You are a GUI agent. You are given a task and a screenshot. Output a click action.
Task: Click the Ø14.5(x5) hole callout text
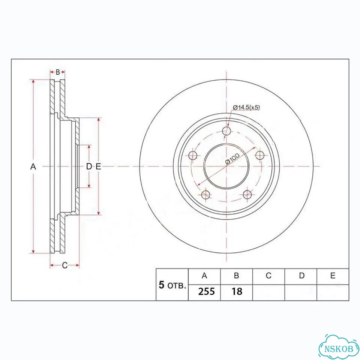coord(246,107)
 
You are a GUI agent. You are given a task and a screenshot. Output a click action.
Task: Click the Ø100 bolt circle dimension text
coord(232,158)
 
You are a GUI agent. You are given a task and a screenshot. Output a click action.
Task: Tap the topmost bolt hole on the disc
coord(226,130)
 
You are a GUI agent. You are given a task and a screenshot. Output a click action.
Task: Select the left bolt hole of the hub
coord(193,155)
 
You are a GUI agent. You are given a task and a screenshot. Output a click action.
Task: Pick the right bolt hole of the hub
coord(260,155)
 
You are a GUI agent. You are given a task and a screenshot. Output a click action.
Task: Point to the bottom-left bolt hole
coord(205,195)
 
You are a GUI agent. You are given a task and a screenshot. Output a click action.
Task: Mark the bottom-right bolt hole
coord(247,195)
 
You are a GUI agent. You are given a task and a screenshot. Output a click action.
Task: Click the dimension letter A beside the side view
coord(33,166)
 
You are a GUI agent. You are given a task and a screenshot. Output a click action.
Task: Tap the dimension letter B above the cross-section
coord(58,72)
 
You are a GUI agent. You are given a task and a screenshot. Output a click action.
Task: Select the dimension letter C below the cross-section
coord(65,265)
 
